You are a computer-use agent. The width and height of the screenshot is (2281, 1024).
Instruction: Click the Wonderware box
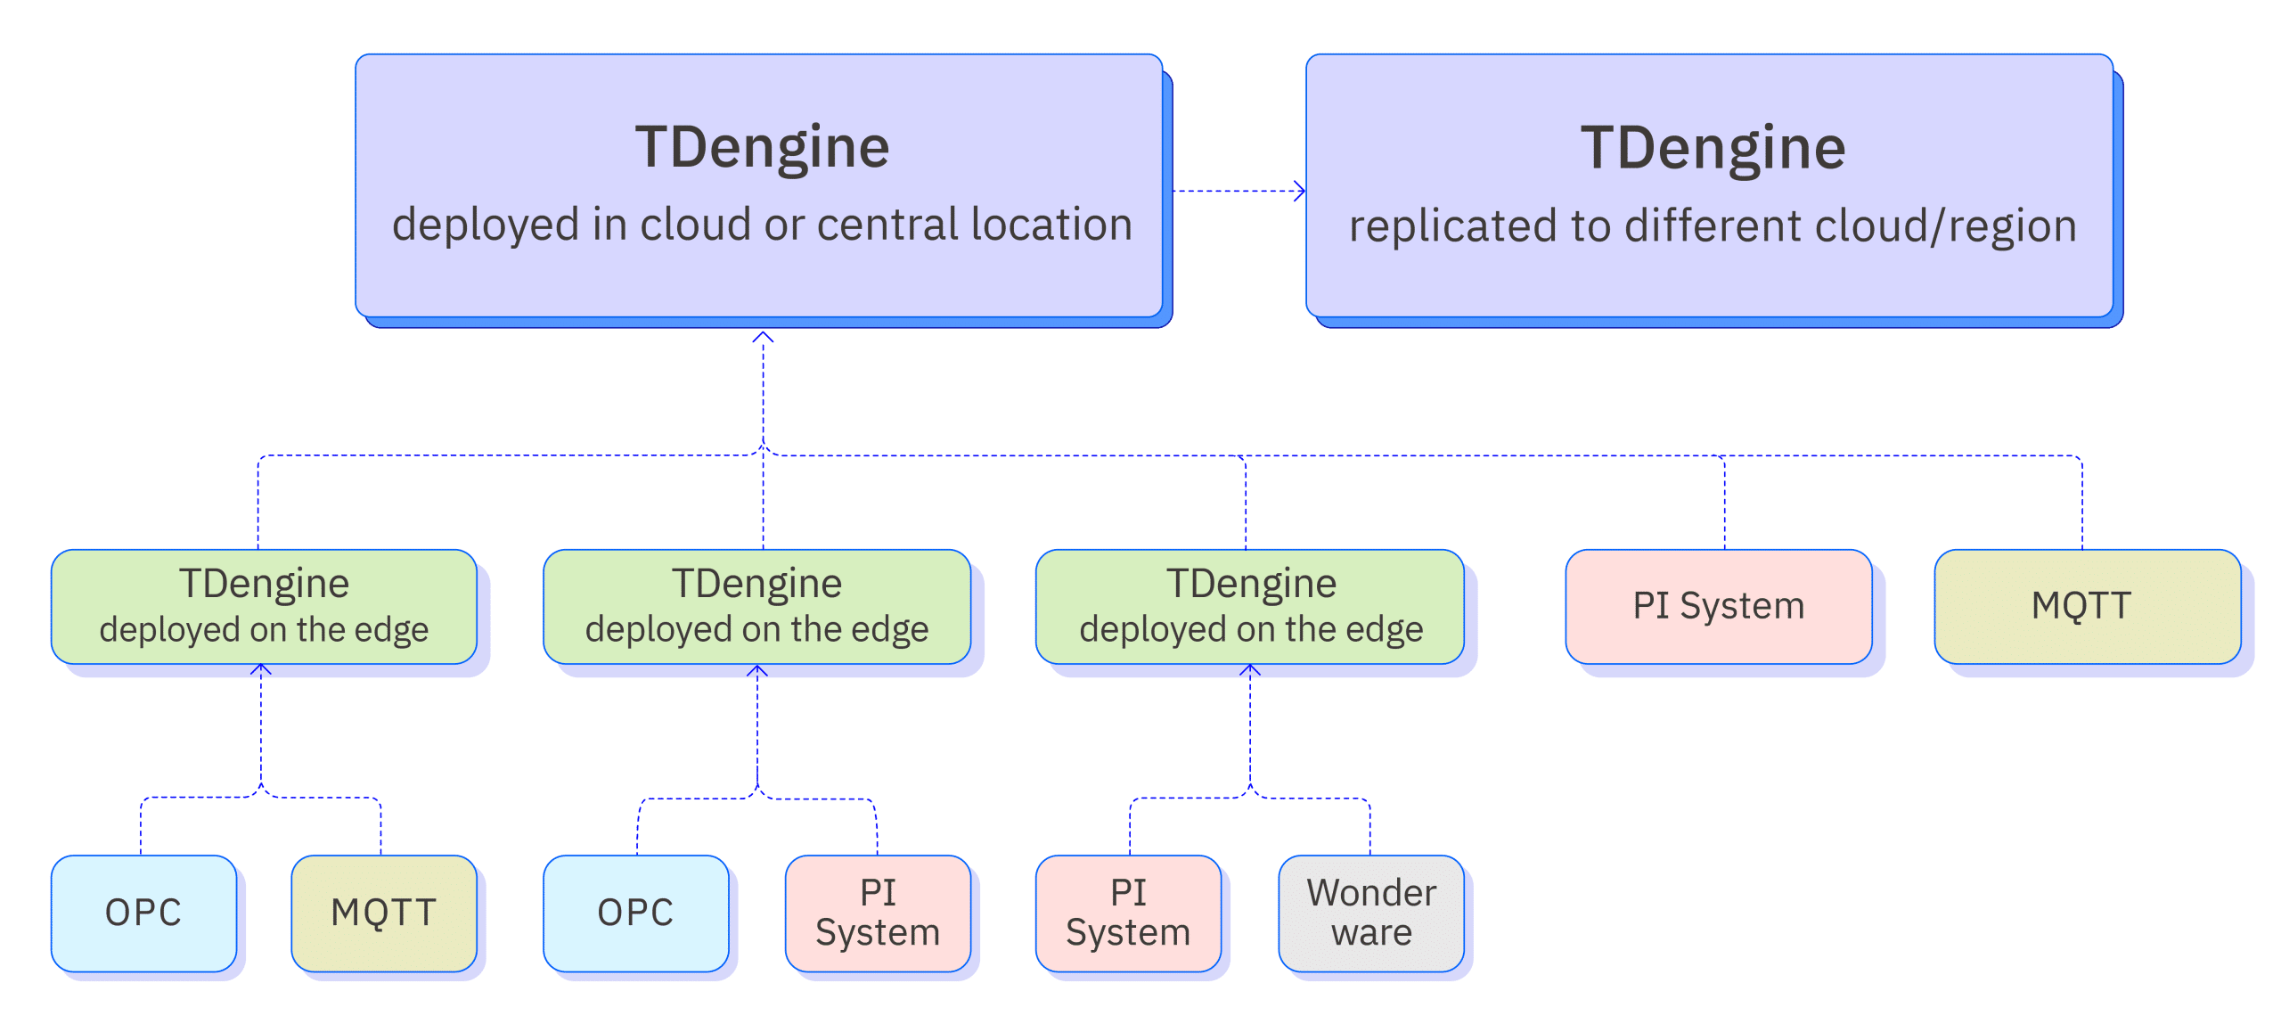[x=1371, y=913]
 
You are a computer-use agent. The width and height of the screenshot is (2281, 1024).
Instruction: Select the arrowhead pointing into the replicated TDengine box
[x=1300, y=191]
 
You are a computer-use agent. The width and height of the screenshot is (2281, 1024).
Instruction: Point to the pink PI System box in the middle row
[x=1719, y=606]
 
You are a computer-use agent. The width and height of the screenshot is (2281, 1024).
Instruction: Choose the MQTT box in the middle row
[x=2086, y=606]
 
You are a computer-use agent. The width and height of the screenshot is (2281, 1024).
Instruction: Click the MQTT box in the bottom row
[x=383, y=913]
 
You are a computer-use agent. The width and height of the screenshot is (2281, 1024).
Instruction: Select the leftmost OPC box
[x=143, y=913]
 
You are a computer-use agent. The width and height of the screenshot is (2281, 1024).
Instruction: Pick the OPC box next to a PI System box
[x=635, y=913]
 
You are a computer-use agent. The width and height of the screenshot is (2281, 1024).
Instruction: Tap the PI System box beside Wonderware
[x=1128, y=913]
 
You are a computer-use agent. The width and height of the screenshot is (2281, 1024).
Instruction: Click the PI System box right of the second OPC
[x=878, y=913]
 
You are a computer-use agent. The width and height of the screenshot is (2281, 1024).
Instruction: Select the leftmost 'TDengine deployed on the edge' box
[x=264, y=606]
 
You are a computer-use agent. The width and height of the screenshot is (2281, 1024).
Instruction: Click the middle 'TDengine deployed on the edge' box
[x=756, y=606]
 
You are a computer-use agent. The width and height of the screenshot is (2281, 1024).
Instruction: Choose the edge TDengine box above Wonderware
[x=1250, y=606]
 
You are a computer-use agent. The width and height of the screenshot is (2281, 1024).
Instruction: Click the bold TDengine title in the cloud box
[x=762, y=147]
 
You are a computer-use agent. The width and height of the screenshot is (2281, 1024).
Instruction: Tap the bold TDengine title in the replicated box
[x=1713, y=148]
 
